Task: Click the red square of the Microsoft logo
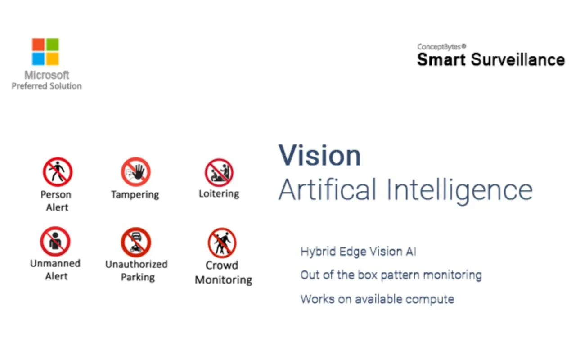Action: (38, 45)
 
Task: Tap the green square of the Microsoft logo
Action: (53, 45)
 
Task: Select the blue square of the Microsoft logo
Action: (38, 59)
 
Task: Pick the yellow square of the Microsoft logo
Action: (53, 59)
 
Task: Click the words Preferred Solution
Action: (46, 86)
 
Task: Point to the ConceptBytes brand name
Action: (441, 46)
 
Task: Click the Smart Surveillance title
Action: (491, 60)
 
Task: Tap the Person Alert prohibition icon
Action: (58, 172)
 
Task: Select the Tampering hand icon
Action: (136, 172)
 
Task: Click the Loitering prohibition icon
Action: (219, 172)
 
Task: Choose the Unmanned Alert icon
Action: (55, 241)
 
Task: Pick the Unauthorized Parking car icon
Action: (136, 242)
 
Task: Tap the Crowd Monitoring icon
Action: (222, 243)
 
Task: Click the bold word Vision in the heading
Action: (319, 156)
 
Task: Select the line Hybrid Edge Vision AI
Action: (358, 252)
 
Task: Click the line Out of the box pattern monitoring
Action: (391, 275)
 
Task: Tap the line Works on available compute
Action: (377, 299)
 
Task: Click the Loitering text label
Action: (219, 194)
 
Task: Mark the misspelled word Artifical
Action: (327, 190)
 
